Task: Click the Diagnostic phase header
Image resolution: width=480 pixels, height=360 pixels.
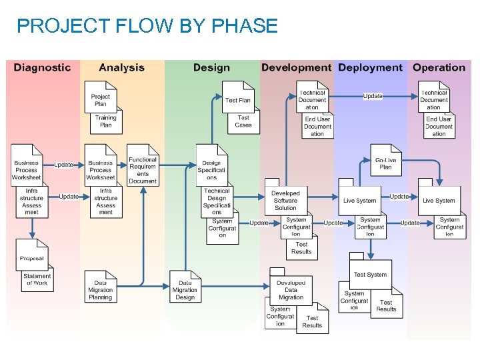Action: point(42,67)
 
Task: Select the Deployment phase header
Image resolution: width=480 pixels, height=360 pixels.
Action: point(370,67)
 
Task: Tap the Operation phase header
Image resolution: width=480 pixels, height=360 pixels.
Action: point(439,67)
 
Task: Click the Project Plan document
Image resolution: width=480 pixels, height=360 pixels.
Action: point(101,99)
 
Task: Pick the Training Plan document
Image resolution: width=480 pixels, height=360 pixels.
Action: point(105,121)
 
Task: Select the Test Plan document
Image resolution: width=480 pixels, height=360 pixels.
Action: point(238,99)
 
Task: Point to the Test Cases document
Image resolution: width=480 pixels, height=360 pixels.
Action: point(243,121)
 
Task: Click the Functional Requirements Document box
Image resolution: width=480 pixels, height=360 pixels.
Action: point(143,169)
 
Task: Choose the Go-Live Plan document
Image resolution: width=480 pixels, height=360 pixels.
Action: point(385,163)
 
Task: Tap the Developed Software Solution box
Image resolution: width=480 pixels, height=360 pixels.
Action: point(285,200)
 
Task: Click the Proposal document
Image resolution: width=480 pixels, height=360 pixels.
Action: point(31,257)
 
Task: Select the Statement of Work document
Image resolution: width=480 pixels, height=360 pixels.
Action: point(37,279)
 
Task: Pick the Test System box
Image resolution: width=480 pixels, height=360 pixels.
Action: point(370,274)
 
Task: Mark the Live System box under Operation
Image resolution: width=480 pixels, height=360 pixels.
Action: point(439,200)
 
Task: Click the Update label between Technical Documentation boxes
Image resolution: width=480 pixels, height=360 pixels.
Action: point(373,96)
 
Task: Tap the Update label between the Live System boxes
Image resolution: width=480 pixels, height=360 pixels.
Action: point(399,197)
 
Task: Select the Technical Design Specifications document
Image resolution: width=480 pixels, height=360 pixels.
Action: point(217,201)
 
